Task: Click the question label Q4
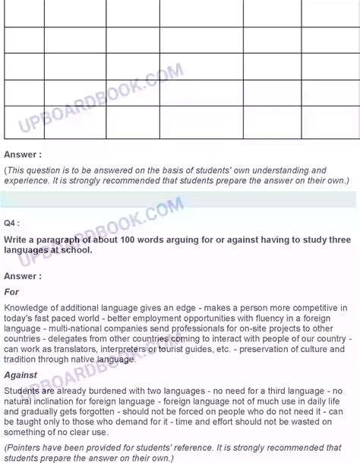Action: [12, 224]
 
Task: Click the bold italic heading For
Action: [12, 291]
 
